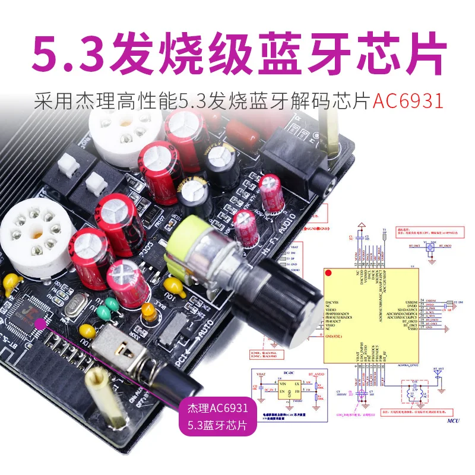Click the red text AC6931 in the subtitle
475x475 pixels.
(408, 100)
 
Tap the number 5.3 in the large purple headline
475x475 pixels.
(66, 51)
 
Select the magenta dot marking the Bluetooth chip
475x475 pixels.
(40, 322)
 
